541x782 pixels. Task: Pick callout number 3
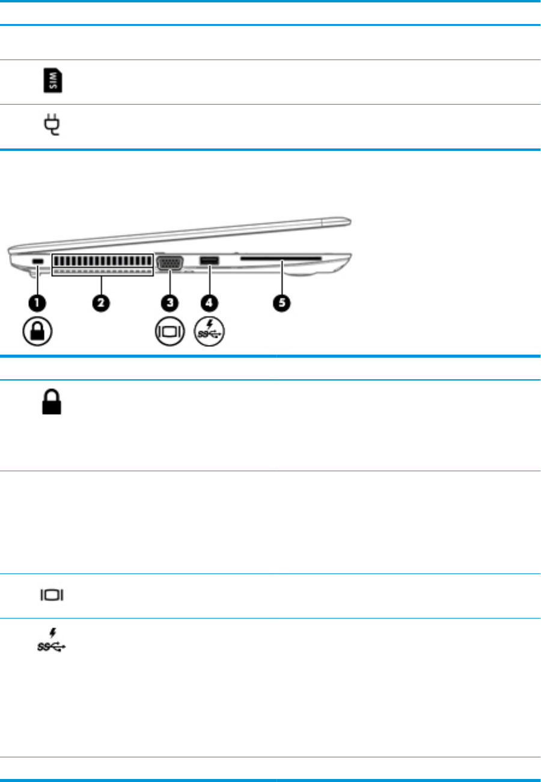(x=171, y=302)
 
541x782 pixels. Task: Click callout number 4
(x=210, y=302)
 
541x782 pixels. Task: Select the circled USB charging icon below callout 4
(x=210, y=332)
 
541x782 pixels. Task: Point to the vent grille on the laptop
(x=103, y=263)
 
